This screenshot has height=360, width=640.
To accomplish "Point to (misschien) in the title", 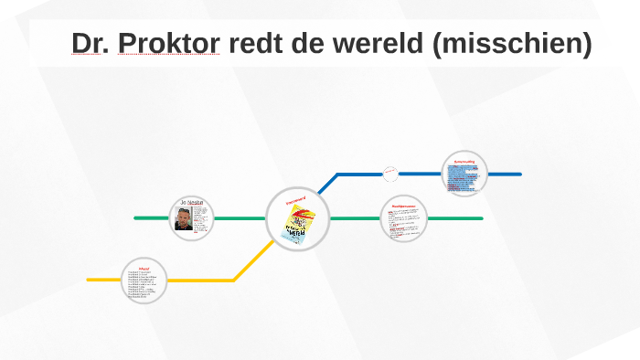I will [512, 43].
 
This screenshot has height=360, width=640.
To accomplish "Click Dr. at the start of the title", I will [92, 43].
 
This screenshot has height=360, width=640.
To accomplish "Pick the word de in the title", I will [308, 43].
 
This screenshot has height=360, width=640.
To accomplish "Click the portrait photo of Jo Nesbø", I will [184, 219].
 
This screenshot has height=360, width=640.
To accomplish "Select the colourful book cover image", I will [299, 223].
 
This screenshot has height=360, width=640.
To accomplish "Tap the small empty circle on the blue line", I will [390, 173].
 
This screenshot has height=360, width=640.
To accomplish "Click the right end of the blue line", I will [518, 174].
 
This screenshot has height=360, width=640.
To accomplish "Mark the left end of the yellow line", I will [90, 279].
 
